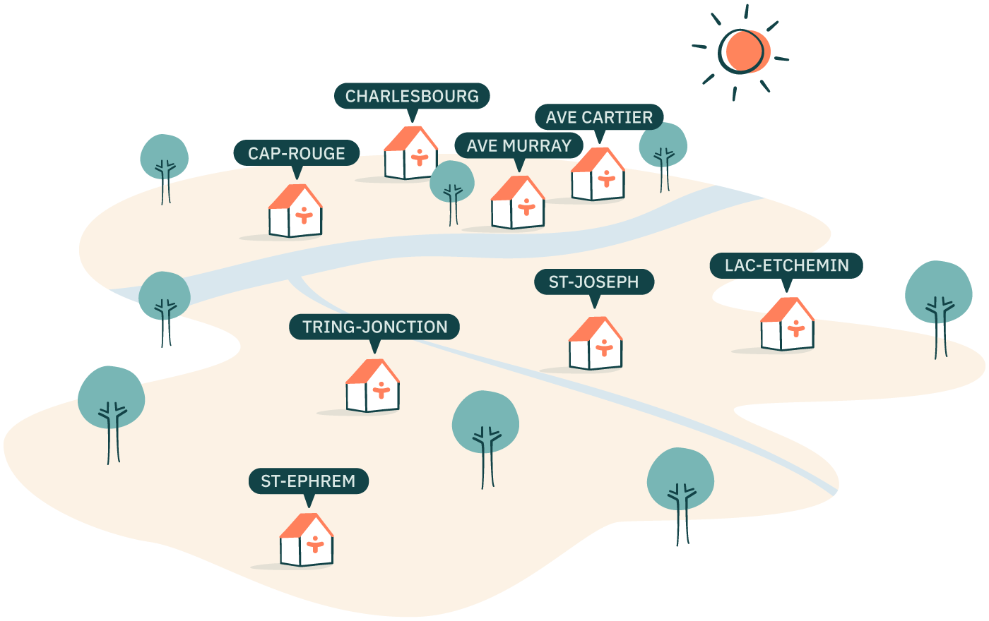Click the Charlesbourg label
click(x=412, y=96)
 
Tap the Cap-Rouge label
click(x=296, y=153)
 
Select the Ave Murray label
click(x=519, y=146)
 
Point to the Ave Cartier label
click(x=599, y=117)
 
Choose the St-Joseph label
click(x=593, y=282)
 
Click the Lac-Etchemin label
click(x=786, y=266)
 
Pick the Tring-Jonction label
click(x=374, y=327)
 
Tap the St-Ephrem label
click(x=308, y=481)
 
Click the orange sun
click(x=746, y=52)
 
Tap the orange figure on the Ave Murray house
click(x=525, y=207)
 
